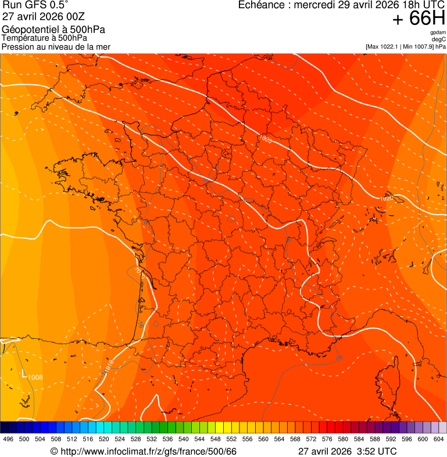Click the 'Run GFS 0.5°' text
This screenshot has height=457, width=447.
pos(35,5)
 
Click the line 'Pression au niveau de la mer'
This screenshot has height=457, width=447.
pos(56,47)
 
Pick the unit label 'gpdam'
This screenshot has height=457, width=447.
pos(438,33)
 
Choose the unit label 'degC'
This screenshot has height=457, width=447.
pos(439,40)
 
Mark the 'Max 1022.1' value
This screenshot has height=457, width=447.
pos(387,47)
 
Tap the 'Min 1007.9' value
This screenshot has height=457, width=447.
pos(419,47)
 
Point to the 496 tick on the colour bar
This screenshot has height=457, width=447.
pos(8,439)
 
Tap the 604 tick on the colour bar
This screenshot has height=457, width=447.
pos(439,439)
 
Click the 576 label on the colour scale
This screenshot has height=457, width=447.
pos(327,439)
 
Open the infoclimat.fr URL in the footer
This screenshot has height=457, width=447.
pos(148,451)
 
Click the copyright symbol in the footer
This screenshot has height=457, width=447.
pos(54,451)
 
